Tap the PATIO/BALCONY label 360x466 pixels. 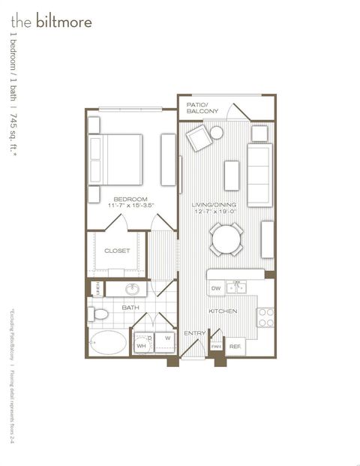[x=202, y=107]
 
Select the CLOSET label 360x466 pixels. [x=116, y=251]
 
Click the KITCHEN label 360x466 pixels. [x=223, y=311]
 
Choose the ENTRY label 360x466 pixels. [x=194, y=332]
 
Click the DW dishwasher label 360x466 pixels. [x=215, y=288]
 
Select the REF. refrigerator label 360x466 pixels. [x=235, y=346]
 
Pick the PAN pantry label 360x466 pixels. [x=216, y=346]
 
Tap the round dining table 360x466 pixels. [x=226, y=239]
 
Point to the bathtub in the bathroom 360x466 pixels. [x=109, y=343]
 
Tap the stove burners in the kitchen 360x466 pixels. [x=265, y=317]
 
